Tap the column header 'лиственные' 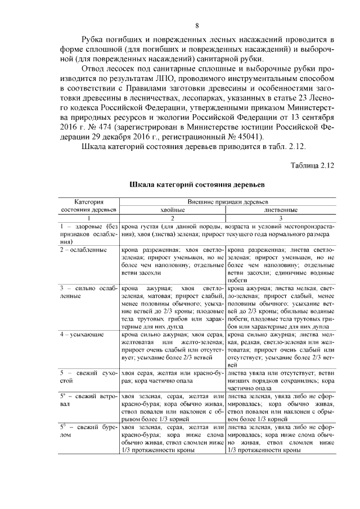click(280, 209)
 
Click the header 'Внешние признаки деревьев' click(227, 201)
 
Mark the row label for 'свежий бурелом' click(88, 431)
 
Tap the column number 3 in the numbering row click(280, 218)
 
